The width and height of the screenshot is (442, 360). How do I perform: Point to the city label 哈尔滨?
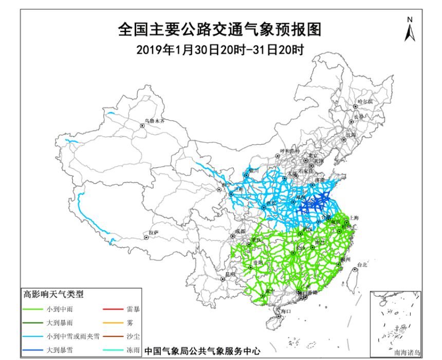click(365, 102)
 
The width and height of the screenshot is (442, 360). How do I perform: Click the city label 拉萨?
click(153, 233)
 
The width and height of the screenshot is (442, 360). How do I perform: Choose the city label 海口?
click(285, 311)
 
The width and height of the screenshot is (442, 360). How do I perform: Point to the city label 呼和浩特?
click(289, 151)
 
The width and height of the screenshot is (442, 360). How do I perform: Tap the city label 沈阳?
click(351, 135)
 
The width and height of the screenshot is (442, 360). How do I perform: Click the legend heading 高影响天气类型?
click(53, 295)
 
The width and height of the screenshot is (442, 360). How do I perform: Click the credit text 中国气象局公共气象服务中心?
click(202, 352)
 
